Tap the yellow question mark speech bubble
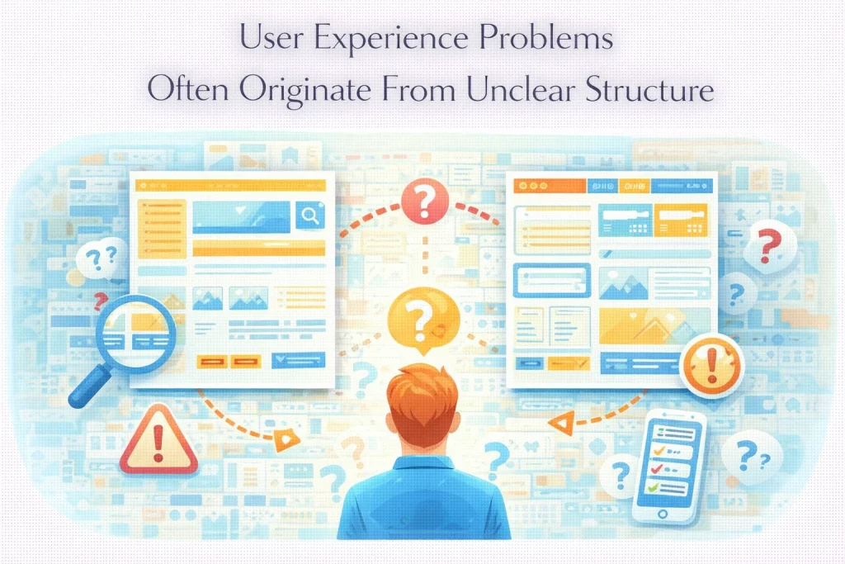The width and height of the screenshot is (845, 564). tap(422, 315)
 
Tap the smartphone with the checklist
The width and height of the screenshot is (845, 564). tap(670, 467)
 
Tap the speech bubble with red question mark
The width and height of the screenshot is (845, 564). tap(769, 244)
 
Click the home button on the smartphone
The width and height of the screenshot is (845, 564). tap(662, 514)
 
